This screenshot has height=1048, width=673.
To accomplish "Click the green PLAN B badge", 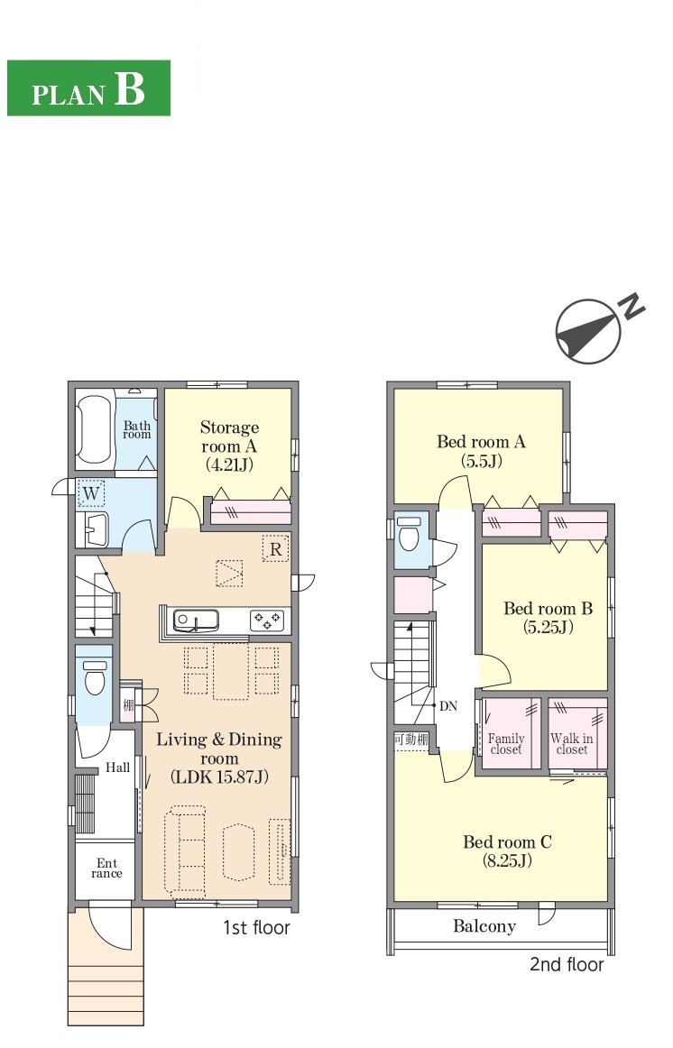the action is pos(88,87).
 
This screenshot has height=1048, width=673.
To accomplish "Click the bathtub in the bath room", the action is pos(94,430).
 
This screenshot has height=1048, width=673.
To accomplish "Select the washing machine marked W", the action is pos(91,494).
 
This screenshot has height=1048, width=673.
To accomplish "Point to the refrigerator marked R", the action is pos(275,549).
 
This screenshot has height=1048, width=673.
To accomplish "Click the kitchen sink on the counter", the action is pos(195,621).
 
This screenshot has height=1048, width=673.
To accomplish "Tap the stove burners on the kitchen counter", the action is pos(267,621).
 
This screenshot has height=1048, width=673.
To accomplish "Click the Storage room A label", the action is pos(229,446).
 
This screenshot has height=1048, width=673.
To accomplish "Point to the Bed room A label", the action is pos(481,450).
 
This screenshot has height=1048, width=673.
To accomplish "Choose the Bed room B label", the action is pos(548,618).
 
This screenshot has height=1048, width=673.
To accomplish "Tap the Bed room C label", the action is pos(507,850).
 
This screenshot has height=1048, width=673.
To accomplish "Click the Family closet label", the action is pos(506,743).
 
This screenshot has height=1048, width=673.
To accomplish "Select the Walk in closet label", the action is pos(572,743).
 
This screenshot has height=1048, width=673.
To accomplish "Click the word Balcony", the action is pos(484,925).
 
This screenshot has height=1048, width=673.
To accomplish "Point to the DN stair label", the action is pos(447,706).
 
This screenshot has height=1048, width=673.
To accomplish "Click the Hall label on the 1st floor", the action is pos(117,768).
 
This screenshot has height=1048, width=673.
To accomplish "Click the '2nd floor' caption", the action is pos(567,964).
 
